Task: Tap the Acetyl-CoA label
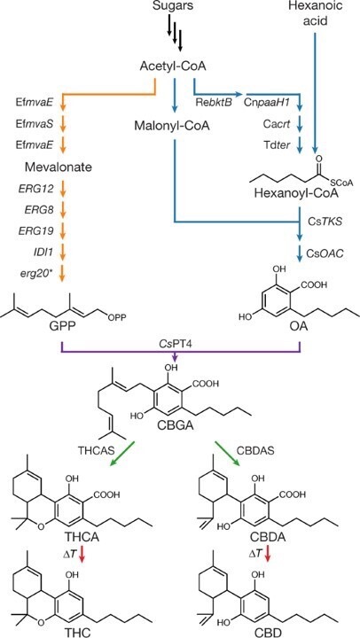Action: (173, 67)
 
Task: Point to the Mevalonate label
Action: (61, 167)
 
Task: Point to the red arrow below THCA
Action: (82, 553)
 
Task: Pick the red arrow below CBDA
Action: (268, 553)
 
